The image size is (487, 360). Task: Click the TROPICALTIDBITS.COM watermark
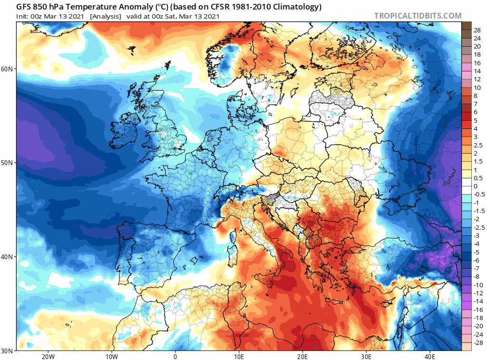[x=418, y=16]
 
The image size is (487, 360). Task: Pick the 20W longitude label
[x=48, y=357]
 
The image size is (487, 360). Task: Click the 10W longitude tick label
[x=112, y=357]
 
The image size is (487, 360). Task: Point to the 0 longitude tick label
[x=175, y=357]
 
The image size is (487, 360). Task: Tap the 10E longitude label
[x=239, y=357]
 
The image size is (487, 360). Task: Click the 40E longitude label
[x=430, y=357]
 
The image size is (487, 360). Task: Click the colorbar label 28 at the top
[x=477, y=29]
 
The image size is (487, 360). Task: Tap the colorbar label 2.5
[x=477, y=145]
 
